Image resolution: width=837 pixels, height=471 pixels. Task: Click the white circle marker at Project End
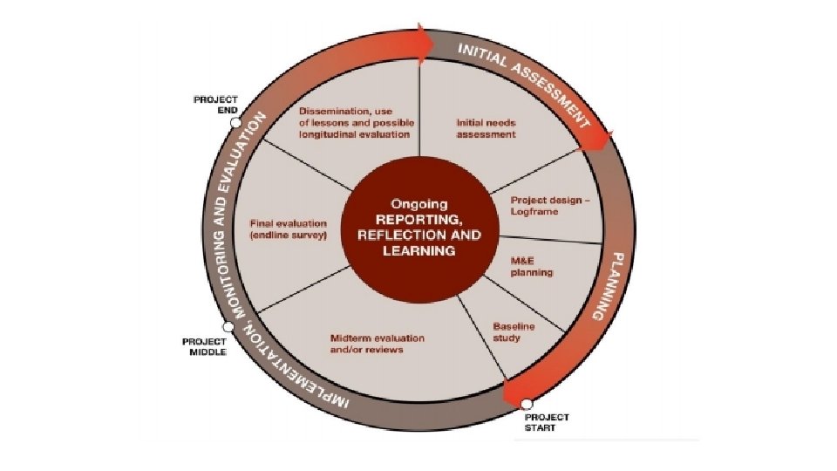[235, 123]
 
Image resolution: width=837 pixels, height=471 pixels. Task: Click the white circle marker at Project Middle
[228, 326]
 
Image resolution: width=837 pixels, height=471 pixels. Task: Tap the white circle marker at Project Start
[526, 403]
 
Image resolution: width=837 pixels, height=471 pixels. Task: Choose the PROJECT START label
[547, 423]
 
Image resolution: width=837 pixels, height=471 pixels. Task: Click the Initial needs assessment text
[487, 129]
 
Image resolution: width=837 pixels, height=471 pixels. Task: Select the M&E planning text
[531, 266]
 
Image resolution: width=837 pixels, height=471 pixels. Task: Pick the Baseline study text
[513, 332]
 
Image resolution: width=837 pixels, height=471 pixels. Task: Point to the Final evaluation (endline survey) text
[289, 229]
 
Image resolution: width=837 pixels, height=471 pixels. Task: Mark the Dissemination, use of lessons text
[355, 123]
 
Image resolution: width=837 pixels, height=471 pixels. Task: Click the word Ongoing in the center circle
[418, 198]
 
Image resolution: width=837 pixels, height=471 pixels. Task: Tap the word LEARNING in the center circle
[419, 251]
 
